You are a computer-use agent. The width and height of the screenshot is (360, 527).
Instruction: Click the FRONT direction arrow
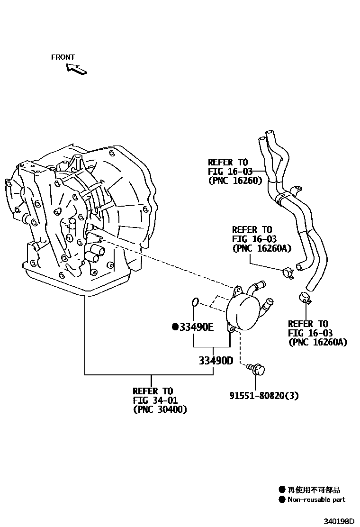click(76, 69)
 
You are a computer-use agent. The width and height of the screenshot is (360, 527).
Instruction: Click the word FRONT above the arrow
click(63, 57)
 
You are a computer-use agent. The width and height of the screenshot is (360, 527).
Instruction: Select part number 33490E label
click(196, 327)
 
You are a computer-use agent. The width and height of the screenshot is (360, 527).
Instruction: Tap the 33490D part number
click(216, 361)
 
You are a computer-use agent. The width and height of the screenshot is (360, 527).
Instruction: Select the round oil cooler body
click(244, 310)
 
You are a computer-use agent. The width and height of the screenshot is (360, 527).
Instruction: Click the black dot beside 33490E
click(175, 327)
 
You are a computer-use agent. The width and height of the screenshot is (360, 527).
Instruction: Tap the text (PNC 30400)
click(160, 409)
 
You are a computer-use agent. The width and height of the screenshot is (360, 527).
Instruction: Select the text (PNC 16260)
click(235, 180)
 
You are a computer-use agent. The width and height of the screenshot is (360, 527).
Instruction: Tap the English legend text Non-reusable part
click(316, 500)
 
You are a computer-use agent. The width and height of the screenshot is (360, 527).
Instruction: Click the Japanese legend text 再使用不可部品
click(314, 490)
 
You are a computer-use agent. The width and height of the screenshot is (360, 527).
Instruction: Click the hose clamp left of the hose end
click(288, 273)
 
